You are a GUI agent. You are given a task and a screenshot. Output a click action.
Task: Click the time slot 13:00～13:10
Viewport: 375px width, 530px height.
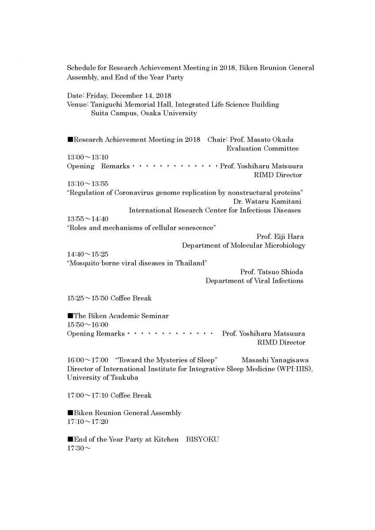point(87,157)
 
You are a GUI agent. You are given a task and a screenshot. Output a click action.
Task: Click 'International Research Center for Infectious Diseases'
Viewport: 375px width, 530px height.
point(215,210)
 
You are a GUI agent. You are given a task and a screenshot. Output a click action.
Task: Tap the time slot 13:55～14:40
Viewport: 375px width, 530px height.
point(87,219)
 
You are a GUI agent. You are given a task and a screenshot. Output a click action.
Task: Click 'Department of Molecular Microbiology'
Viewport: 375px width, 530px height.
point(243,246)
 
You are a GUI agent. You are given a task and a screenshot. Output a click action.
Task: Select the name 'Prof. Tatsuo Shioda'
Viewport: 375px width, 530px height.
point(271,272)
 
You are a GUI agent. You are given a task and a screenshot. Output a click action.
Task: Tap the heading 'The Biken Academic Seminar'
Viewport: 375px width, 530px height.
point(121,316)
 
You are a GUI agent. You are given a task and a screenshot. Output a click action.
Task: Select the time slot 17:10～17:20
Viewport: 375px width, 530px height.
point(87,422)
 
